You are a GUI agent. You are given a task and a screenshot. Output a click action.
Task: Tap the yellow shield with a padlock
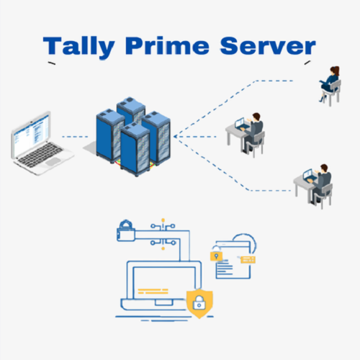pyautogui.click(x=197, y=303)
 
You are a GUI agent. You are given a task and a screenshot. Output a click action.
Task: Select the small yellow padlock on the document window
pyautogui.click(x=214, y=256)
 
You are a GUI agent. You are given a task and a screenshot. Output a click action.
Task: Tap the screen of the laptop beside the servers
pyautogui.click(x=32, y=133)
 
